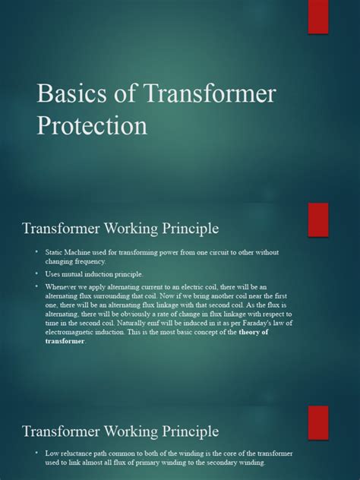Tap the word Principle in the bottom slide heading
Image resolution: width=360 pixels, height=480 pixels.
coord(185,431)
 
